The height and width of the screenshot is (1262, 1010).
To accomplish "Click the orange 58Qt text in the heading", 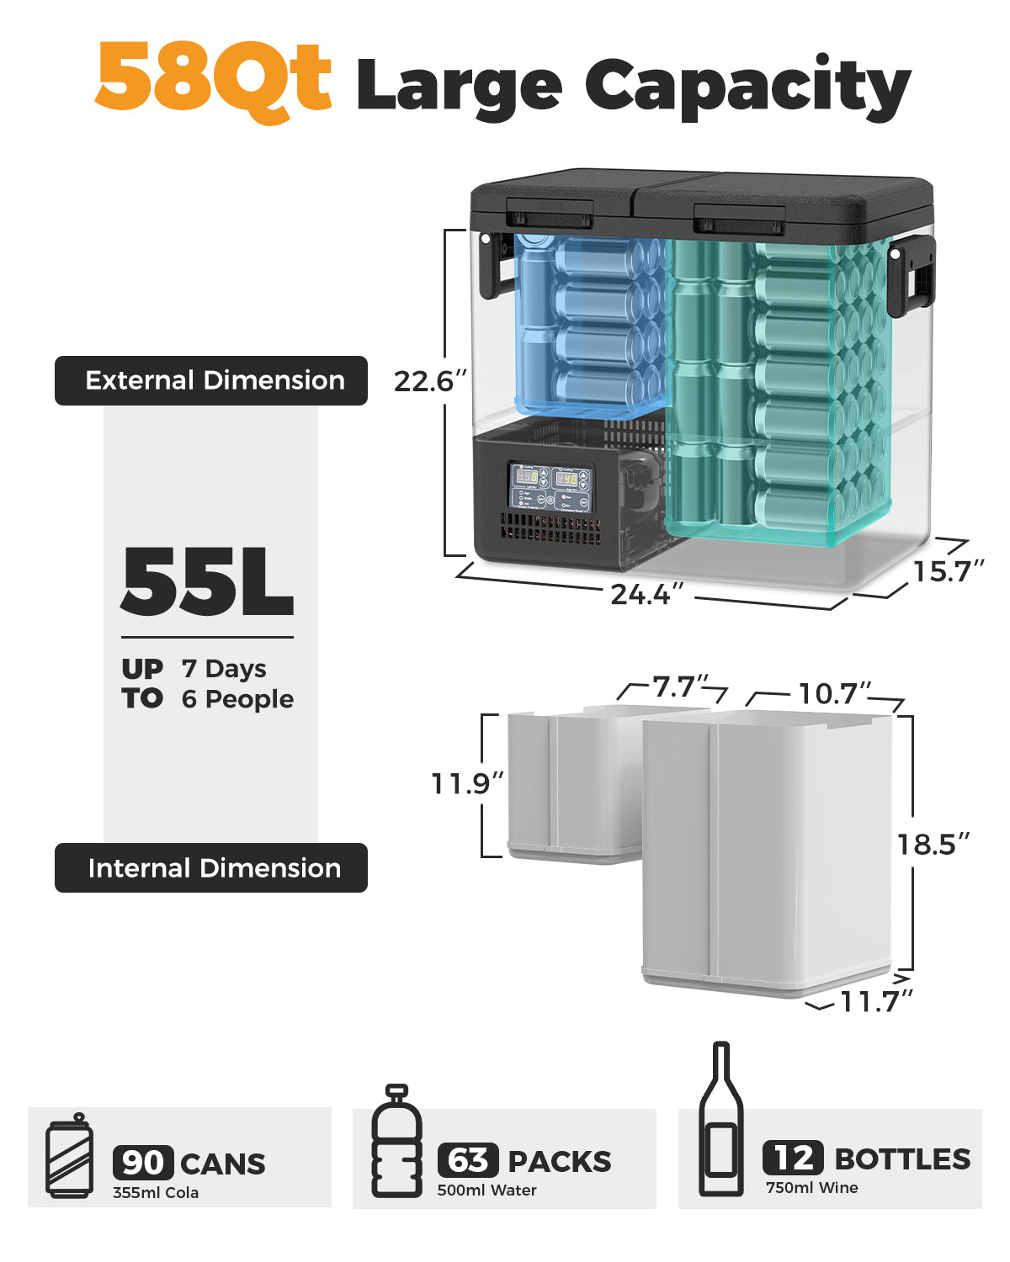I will [x=214, y=79].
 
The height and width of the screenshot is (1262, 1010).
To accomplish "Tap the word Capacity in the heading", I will [x=748, y=87].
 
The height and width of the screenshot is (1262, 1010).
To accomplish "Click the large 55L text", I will [x=207, y=582].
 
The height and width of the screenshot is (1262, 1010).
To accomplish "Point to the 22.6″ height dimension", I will [x=428, y=381].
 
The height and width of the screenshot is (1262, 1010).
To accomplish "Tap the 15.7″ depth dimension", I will [x=948, y=571].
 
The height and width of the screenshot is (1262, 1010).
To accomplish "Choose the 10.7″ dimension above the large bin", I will [x=834, y=694].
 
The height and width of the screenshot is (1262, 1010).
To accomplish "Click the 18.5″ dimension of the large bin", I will [x=932, y=844].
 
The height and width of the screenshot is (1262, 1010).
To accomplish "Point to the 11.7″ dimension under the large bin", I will [x=876, y=1001].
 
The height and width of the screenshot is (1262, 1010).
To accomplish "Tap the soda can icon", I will [x=70, y=1157].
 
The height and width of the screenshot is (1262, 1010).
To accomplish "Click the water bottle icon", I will [x=396, y=1142].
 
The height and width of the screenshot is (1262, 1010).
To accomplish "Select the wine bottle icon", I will [x=721, y=1121].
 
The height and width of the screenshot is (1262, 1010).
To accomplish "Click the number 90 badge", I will [x=143, y=1163].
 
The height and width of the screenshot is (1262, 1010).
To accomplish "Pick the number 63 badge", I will [x=468, y=1160].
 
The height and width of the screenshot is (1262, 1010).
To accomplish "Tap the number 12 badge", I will [x=793, y=1158].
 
